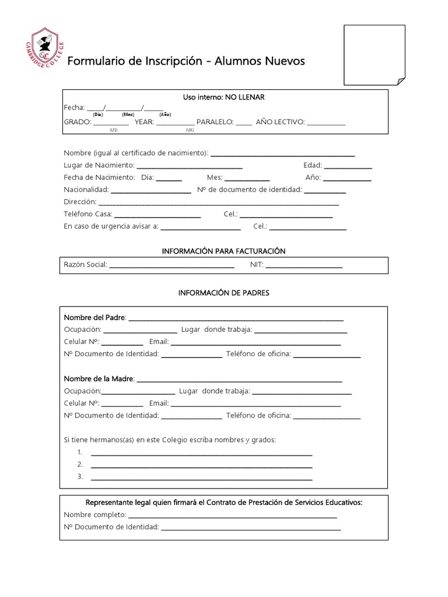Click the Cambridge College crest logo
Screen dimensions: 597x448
(44, 53)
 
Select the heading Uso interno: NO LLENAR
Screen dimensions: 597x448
(224, 97)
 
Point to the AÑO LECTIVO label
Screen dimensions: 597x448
(280, 122)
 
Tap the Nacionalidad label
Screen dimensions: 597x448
(86, 189)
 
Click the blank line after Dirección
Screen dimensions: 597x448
(219, 203)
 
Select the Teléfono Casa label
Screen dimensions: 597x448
(87, 214)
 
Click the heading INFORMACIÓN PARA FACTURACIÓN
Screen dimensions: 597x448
(223, 251)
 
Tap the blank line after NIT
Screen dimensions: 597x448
(304, 266)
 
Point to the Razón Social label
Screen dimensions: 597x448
(85, 265)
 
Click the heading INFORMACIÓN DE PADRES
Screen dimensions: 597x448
(224, 293)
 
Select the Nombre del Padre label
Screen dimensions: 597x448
(94, 317)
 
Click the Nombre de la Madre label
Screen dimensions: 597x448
(99, 379)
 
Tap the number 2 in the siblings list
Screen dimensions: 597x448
(80, 465)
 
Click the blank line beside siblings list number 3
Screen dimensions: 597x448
(201, 479)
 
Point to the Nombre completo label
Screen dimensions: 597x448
(95, 515)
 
